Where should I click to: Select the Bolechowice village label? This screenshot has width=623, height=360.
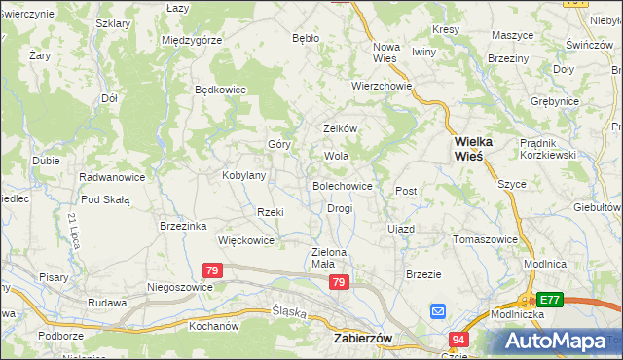(342, 185)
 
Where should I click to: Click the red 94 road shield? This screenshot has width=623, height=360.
(458, 339)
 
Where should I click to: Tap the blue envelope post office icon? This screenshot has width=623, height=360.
(438, 312)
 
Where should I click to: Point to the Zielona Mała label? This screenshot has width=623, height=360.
(329, 258)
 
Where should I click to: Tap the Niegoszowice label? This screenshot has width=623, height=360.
(179, 287)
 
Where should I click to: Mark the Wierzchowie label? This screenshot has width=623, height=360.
(383, 86)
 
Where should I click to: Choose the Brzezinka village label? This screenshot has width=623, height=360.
(183, 226)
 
